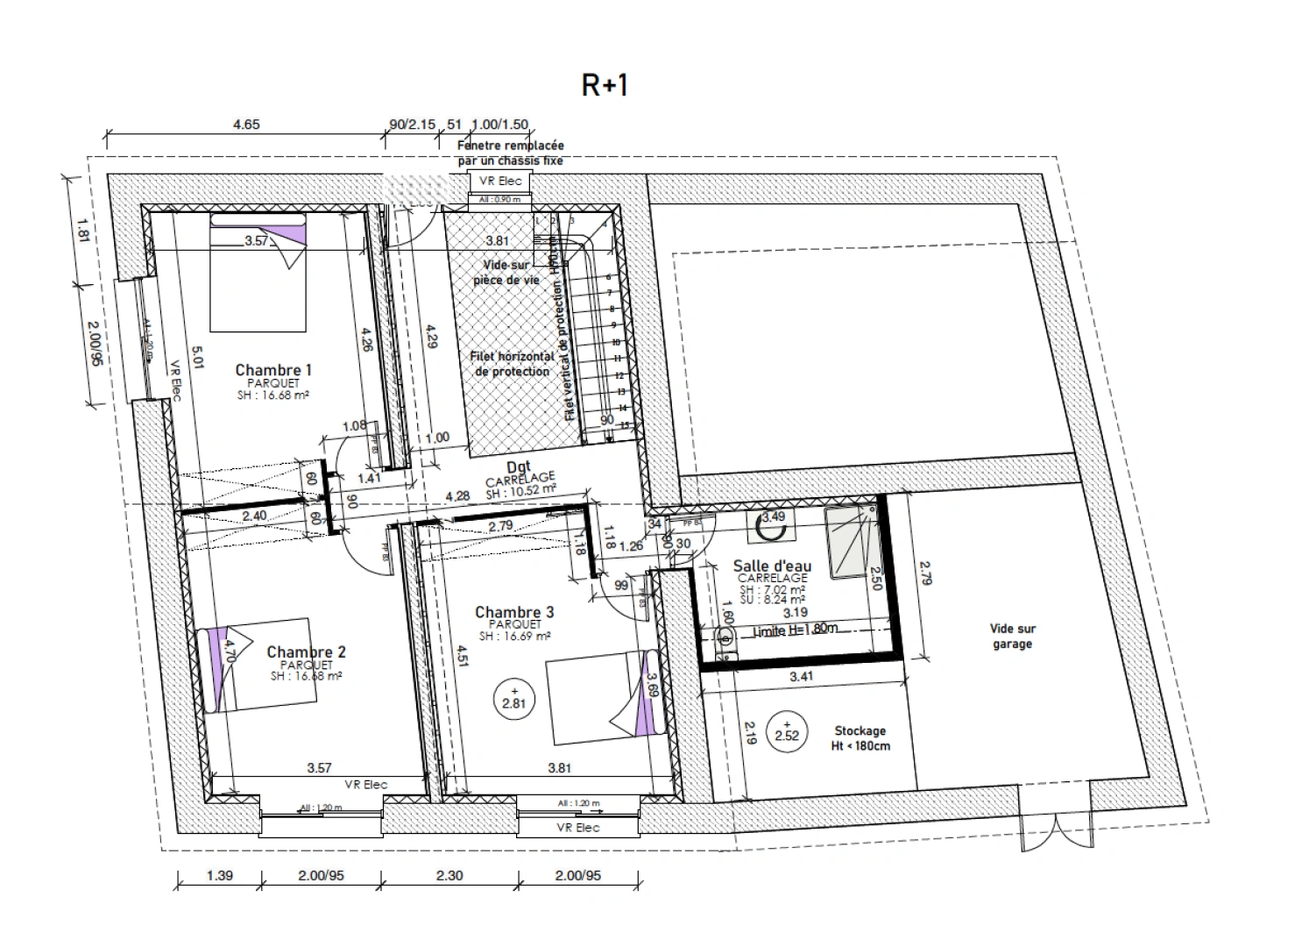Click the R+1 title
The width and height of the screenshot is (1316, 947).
605,85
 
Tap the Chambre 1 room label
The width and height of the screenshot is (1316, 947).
273,370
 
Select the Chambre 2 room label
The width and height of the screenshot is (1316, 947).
306,652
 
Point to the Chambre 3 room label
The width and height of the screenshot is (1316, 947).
514,612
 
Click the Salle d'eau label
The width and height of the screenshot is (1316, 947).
772,566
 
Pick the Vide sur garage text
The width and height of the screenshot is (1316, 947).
1012,636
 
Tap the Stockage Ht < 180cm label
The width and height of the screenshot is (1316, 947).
860,738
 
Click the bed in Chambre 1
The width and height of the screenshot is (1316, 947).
258,274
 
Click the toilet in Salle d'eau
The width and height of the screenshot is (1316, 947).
725,637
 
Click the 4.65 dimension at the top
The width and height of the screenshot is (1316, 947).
246,125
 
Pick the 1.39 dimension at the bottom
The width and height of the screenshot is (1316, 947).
218,875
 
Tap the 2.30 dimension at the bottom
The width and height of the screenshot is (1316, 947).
449,875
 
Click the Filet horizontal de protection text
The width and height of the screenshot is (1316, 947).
513,364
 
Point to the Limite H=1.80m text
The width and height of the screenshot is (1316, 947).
795,629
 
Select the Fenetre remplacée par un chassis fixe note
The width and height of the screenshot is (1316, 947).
511,153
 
